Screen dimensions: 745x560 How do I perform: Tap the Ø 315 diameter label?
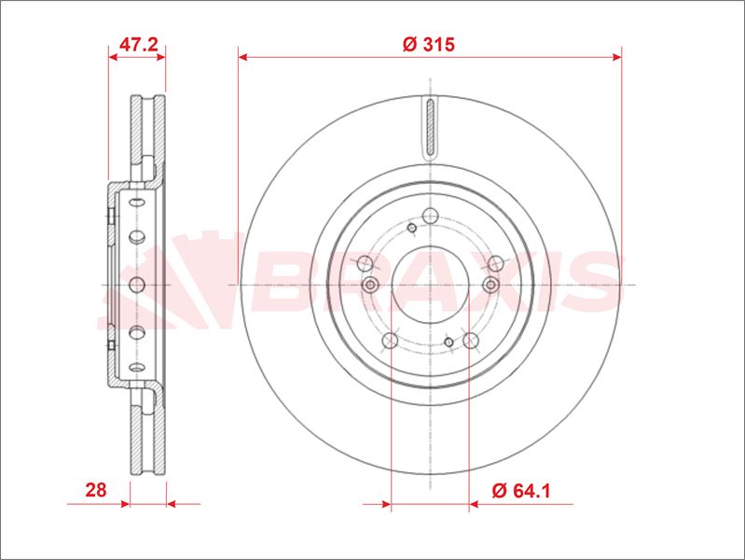tap(429, 44)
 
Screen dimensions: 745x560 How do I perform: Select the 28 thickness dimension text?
tap(95, 490)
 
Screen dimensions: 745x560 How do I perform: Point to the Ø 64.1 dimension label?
tap(521, 490)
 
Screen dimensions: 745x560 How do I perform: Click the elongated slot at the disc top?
tap(431, 127)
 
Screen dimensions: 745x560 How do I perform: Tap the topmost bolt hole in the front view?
tap(431, 216)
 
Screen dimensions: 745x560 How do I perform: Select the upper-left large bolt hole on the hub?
tap(365, 262)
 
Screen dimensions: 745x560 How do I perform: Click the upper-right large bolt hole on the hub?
tap(495, 262)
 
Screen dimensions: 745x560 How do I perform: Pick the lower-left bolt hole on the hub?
tap(390, 340)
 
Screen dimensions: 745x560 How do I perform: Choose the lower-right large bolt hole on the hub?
tap(470, 340)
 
